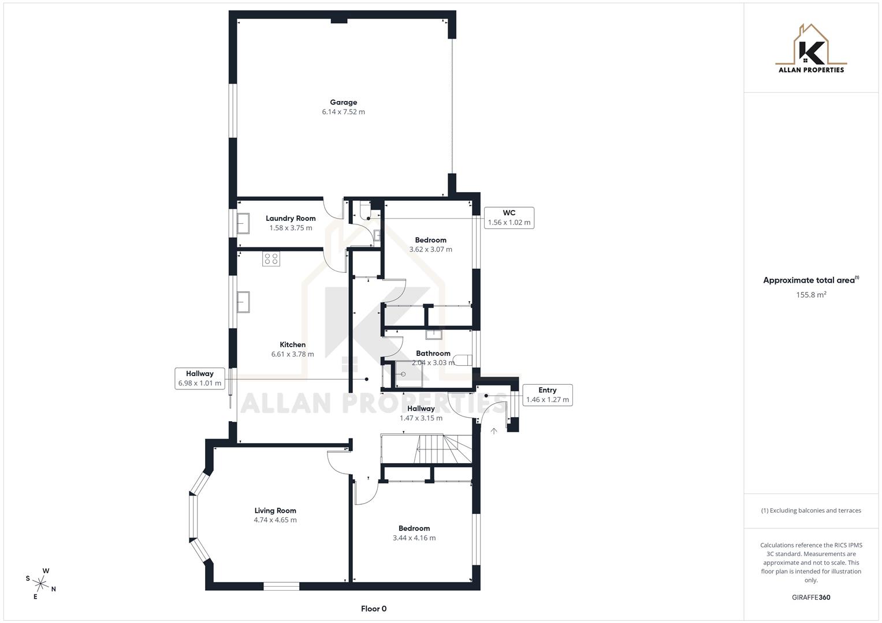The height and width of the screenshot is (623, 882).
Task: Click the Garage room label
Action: [x=343, y=103]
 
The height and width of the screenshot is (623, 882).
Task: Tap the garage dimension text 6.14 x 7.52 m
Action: [x=343, y=112]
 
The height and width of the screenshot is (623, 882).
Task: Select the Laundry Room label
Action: [x=291, y=219]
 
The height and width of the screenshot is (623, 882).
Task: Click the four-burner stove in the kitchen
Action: [x=271, y=259]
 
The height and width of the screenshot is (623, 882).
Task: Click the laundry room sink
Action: [x=243, y=223]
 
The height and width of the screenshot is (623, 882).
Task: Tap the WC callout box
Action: [x=508, y=217]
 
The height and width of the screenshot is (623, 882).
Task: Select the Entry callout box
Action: [x=547, y=395]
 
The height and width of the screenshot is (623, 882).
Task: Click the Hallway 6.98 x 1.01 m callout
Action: [x=200, y=378]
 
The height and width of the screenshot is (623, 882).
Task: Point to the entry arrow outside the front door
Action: [x=494, y=431]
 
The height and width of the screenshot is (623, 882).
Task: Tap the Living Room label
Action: [x=275, y=511]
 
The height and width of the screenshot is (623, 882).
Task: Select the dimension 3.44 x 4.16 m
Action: [x=414, y=538]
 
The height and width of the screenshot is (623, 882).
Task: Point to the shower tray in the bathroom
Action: [x=408, y=374]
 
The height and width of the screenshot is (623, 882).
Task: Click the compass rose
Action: [x=41, y=583]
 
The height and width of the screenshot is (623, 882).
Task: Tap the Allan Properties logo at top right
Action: [x=811, y=48]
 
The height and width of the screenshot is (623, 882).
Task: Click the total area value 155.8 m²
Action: [x=811, y=295]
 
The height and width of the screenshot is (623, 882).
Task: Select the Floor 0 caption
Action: [x=373, y=609]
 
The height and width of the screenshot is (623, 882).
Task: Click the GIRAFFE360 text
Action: [x=811, y=597]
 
